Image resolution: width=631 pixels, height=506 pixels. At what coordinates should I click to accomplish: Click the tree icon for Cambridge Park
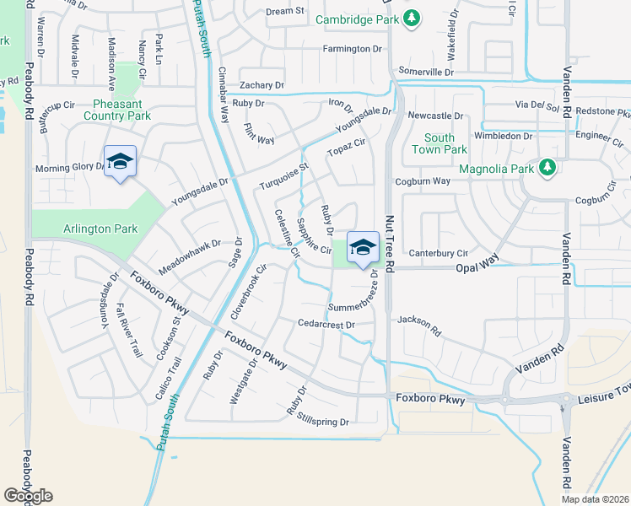click(412, 19)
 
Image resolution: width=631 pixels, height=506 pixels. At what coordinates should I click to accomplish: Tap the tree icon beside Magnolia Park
click(547, 169)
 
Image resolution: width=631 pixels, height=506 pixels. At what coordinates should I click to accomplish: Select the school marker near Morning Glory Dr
click(120, 161)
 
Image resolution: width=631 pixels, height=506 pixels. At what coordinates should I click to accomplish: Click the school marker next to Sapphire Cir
click(363, 247)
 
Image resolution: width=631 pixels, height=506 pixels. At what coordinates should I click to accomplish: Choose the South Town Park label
click(439, 143)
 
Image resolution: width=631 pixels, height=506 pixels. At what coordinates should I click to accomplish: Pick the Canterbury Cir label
click(438, 253)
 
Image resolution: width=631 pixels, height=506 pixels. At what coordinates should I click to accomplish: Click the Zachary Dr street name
click(262, 85)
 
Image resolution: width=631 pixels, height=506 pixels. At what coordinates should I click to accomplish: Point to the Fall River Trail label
click(132, 329)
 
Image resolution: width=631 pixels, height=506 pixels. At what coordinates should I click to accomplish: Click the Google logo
click(28, 495)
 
